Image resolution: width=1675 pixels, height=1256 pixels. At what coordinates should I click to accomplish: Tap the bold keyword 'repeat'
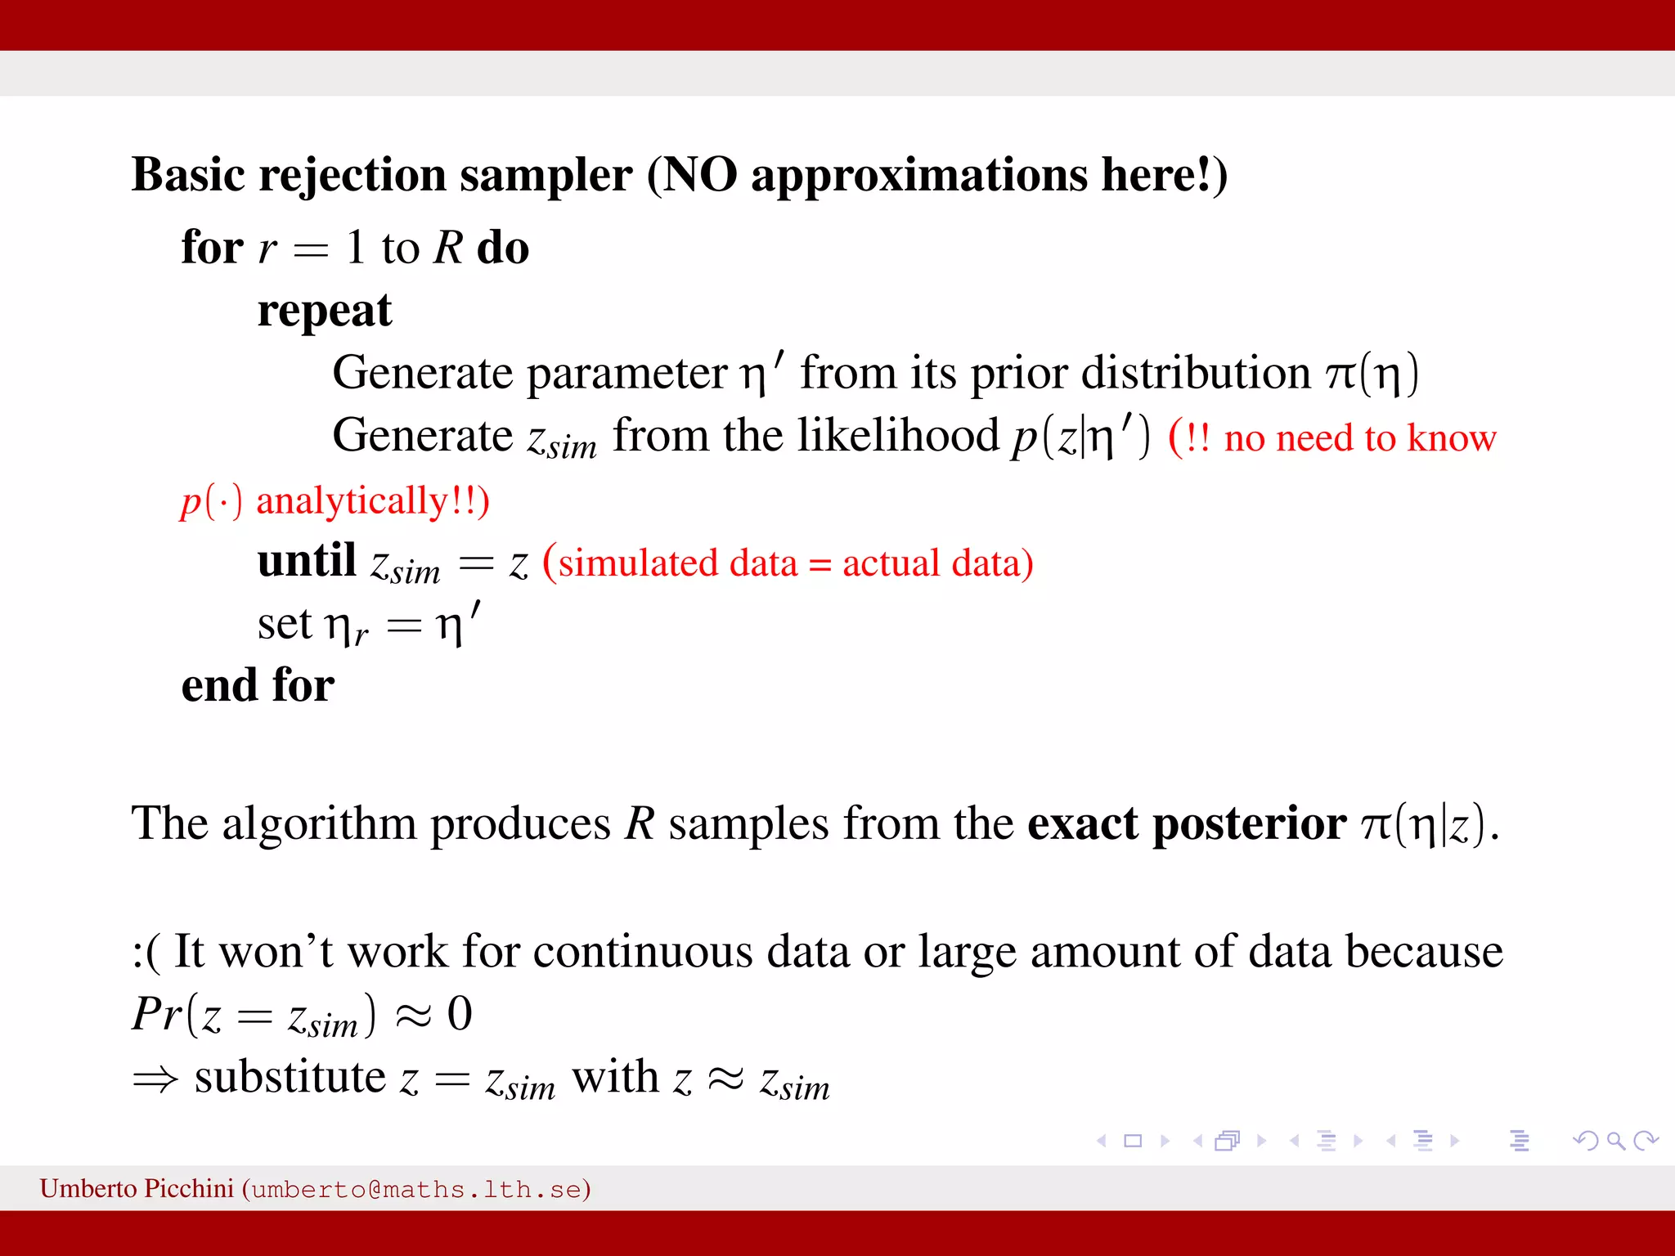[324, 311]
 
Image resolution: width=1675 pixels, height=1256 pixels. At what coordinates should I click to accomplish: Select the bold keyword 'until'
[306, 561]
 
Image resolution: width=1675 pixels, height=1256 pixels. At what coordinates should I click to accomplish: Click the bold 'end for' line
[258, 685]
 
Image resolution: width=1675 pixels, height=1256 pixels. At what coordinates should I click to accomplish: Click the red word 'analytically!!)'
[372, 501]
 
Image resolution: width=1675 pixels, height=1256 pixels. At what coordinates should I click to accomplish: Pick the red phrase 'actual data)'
[937, 563]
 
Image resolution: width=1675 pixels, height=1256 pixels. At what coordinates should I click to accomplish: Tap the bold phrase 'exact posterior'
[1186, 823]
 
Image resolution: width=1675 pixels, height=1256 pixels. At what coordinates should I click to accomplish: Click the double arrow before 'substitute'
[155, 1079]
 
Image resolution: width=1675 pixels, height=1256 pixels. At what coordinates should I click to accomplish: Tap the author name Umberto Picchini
[137, 1188]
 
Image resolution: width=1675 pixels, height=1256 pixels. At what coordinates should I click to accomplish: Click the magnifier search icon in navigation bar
[1614, 1141]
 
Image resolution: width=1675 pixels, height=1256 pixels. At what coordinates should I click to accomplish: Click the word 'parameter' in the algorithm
[626, 374]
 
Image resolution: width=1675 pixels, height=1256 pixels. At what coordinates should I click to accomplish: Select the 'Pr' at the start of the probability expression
[155, 1014]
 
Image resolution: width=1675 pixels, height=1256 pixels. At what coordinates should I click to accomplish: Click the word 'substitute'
[290, 1078]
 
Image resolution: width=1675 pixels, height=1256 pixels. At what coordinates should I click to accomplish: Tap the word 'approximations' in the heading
[918, 175]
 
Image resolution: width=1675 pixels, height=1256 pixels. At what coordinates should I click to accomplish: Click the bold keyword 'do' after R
[503, 248]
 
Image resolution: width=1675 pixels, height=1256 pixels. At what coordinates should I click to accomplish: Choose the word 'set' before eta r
[284, 625]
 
